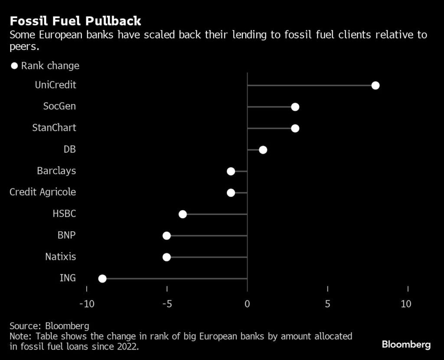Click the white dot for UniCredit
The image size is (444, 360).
pyautogui.click(x=375, y=85)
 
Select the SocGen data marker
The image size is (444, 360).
pyautogui.click(x=295, y=107)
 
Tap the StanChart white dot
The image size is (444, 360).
pyautogui.click(x=295, y=128)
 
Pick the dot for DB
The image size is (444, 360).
pyautogui.click(x=263, y=150)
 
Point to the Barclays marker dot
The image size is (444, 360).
pyautogui.click(x=231, y=171)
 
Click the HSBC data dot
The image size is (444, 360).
pyautogui.click(x=183, y=214)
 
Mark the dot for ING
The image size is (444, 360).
pyautogui.click(x=102, y=278)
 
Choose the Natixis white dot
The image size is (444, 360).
pyautogui.click(x=166, y=257)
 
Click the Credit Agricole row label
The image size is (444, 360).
pyautogui.click(x=43, y=192)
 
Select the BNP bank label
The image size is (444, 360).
pyautogui.click(x=67, y=235)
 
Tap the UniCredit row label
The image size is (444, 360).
pyautogui.click(x=55, y=85)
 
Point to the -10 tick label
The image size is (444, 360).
pyautogui.click(x=87, y=304)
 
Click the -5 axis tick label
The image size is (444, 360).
pyautogui.click(x=166, y=304)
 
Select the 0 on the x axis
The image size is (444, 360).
pyautogui.click(x=247, y=304)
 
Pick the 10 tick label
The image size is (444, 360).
pyautogui.click(x=406, y=304)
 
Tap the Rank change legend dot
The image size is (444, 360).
pyautogui.click(x=14, y=66)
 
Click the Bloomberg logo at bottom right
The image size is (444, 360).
pyautogui.click(x=406, y=345)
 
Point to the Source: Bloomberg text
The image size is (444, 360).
pyautogui.click(x=49, y=326)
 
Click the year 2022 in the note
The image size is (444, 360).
pyautogui.click(x=128, y=347)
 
